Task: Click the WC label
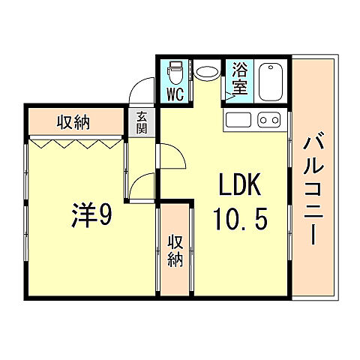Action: pyautogui.click(x=175, y=94)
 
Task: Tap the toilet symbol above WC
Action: pyautogui.click(x=174, y=73)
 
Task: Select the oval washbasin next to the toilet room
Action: pyautogui.click(x=206, y=73)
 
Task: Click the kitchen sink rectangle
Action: pyautogui.click(x=239, y=119)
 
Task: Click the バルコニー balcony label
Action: pyautogui.click(x=313, y=190)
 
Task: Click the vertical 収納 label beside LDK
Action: pyautogui.click(x=175, y=250)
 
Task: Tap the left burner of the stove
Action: pyautogui.click(x=262, y=119)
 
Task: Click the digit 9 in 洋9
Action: pyautogui.click(x=104, y=217)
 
